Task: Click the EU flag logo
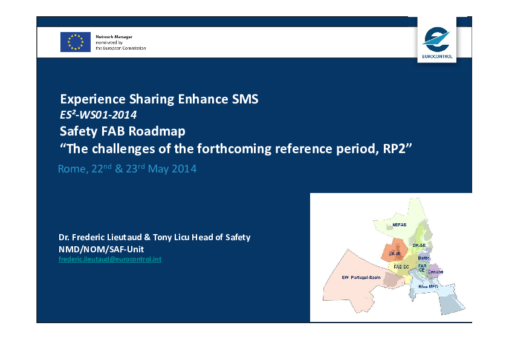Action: [x=76, y=42]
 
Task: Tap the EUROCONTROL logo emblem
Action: [x=436, y=40]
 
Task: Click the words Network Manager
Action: [x=114, y=37]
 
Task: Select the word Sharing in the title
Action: [x=152, y=99]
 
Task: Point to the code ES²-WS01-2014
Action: [x=98, y=115]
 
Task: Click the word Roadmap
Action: [x=157, y=131]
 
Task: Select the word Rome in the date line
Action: [x=72, y=169]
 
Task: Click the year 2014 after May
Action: [x=184, y=169]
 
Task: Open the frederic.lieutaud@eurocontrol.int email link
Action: [x=110, y=259]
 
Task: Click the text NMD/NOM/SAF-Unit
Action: [x=101, y=249]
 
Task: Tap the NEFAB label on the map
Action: [x=399, y=224]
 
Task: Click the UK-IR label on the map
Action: [x=395, y=254]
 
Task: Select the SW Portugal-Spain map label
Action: [x=361, y=278]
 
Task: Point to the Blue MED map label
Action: [x=428, y=287]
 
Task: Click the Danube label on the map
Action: [x=435, y=272]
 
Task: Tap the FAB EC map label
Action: [x=401, y=267]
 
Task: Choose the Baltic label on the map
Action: [x=424, y=258]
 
